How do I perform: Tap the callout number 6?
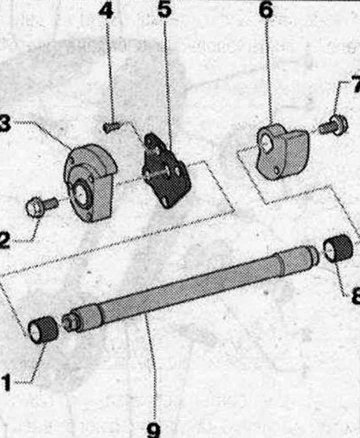pyautogui.click(x=265, y=11)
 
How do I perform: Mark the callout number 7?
pyautogui.click(x=355, y=85)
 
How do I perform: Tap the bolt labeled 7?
pyautogui.click(x=333, y=125)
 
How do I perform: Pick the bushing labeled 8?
pyautogui.click(x=337, y=248)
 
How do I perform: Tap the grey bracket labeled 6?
pyautogui.click(x=281, y=150)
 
